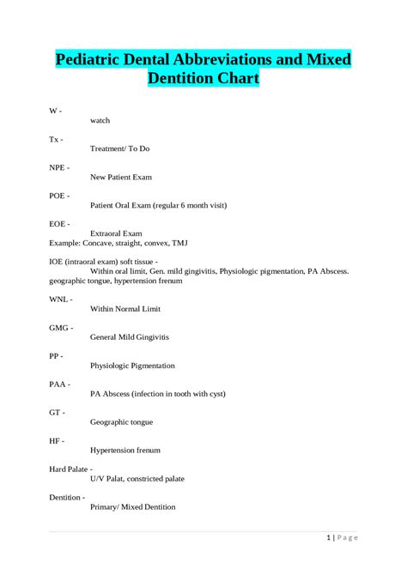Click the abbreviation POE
tap(58, 195)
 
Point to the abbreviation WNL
tap(58, 299)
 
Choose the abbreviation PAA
tap(58, 384)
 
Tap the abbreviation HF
tap(55, 439)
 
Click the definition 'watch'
tap(100, 120)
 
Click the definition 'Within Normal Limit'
tap(125, 308)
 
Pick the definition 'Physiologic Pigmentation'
tap(132, 365)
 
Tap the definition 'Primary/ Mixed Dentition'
tap(133, 506)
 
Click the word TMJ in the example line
tap(179, 243)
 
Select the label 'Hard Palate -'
tap(70, 469)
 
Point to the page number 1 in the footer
tap(329, 537)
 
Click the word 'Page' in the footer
tap(348, 537)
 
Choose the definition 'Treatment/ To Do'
tap(120, 148)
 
